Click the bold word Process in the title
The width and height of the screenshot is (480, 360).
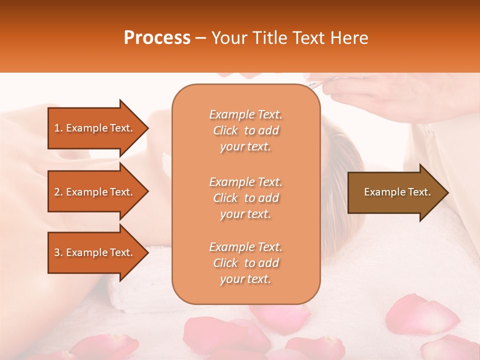157,38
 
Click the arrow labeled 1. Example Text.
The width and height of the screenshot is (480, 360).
95,128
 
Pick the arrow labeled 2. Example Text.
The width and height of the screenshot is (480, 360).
95,192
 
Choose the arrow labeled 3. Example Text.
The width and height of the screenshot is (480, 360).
95,252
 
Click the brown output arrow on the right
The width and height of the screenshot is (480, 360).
395,192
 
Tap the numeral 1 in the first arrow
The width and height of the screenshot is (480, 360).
57,128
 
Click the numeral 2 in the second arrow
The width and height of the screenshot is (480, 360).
57,192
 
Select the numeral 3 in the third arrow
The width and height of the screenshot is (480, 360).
57,252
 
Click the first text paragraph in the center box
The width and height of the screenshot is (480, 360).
245,130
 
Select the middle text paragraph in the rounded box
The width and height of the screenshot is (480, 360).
245,198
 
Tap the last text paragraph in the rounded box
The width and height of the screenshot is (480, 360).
245,263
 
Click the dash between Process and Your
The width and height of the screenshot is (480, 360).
200,38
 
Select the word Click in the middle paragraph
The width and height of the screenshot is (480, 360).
225,198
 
